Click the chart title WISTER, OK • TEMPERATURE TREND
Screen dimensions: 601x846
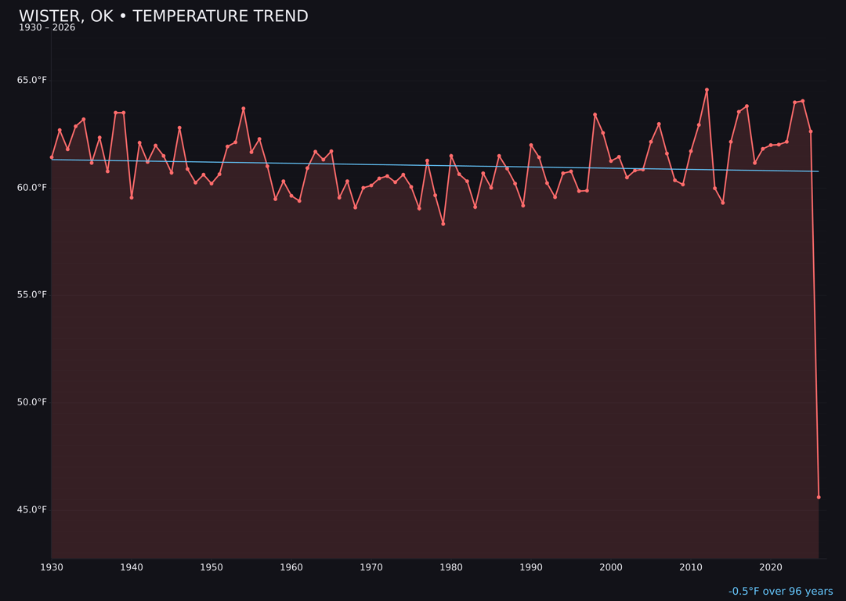163,16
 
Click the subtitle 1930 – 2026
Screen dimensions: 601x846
47,28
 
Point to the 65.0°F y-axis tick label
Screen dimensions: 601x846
32,81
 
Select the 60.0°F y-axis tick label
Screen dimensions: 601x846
32,188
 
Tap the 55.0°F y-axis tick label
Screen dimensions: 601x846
32,295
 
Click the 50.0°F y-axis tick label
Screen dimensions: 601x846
32,402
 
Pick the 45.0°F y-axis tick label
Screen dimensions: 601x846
32,509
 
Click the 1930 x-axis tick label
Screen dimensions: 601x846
52,567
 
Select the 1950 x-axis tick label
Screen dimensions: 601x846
211,567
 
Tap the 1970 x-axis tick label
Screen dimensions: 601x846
371,567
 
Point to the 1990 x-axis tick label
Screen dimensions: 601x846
531,567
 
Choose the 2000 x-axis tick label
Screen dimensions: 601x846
611,567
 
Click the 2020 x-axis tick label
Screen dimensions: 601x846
771,567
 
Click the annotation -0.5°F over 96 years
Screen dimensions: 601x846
780,592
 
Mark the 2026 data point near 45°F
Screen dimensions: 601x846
819,497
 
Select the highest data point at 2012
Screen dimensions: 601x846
707,90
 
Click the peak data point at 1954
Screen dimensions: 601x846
244,109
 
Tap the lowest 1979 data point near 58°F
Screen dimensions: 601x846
443,224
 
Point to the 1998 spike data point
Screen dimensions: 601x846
595,115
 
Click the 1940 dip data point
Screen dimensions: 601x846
132,197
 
